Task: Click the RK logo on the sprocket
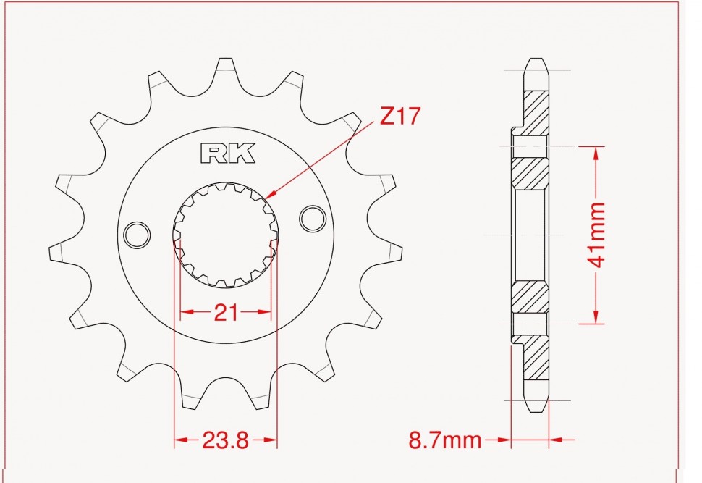pyautogui.click(x=228, y=153)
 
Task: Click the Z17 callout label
pyautogui.click(x=399, y=116)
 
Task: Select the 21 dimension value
pyautogui.click(x=226, y=313)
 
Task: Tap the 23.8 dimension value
pyautogui.click(x=226, y=440)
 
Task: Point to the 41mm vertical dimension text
pyautogui.click(x=598, y=235)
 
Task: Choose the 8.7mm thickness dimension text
pyautogui.click(x=444, y=440)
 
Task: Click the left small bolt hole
pyautogui.click(x=137, y=235)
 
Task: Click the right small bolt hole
pyautogui.click(x=313, y=219)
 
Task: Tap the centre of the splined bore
pyautogui.click(x=226, y=235)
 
